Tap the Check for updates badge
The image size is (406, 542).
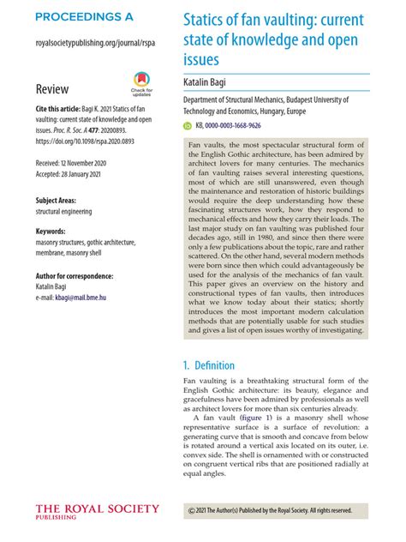(x=141, y=84)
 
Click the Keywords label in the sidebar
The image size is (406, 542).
(x=53, y=232)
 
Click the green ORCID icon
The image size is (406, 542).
(x=189, y=124)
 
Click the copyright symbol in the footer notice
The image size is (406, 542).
(x=191, y=510)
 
